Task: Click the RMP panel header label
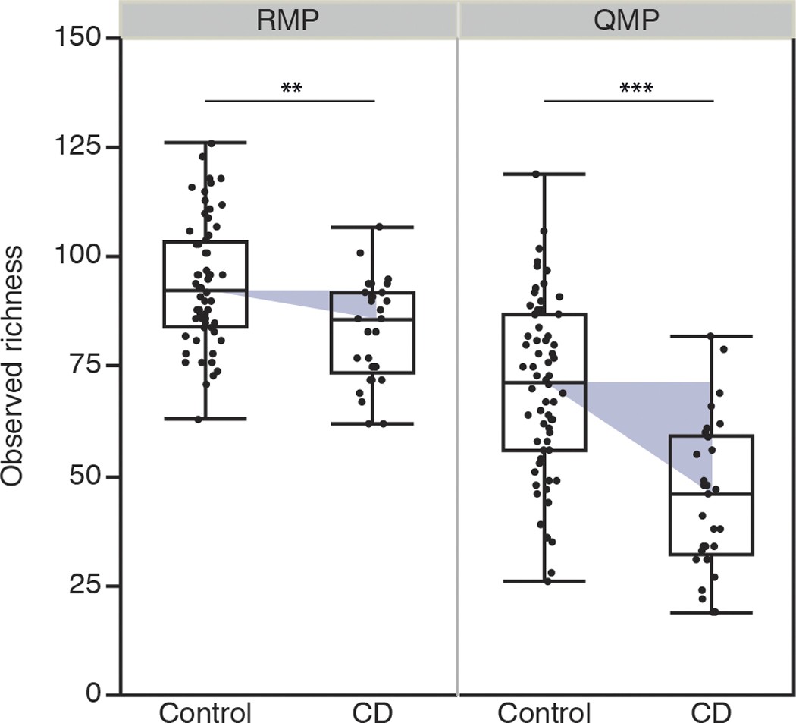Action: [x=289, y=18]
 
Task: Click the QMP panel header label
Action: [x=627, y=18]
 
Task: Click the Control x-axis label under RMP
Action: [x=205, y=712]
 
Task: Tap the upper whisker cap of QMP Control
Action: [x=544, y=174]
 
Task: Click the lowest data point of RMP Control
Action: [x=199, y=419]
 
